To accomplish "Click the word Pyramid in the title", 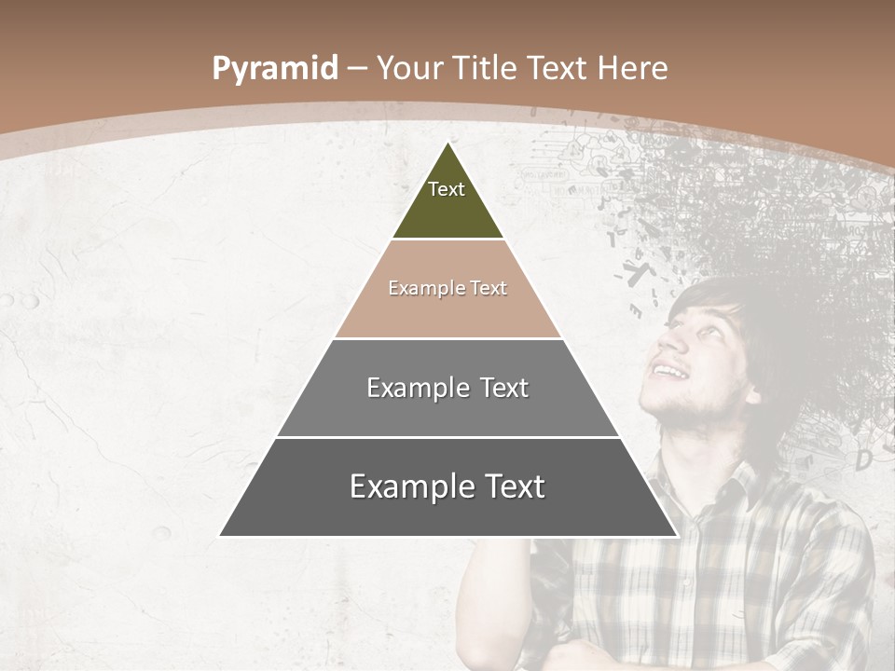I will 274,68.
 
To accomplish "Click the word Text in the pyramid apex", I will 447,189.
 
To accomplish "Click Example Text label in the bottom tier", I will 447,486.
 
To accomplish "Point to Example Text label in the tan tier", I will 447,288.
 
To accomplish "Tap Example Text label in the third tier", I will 447,388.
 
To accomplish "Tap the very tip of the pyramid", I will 448,144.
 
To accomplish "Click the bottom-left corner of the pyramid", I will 221,535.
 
